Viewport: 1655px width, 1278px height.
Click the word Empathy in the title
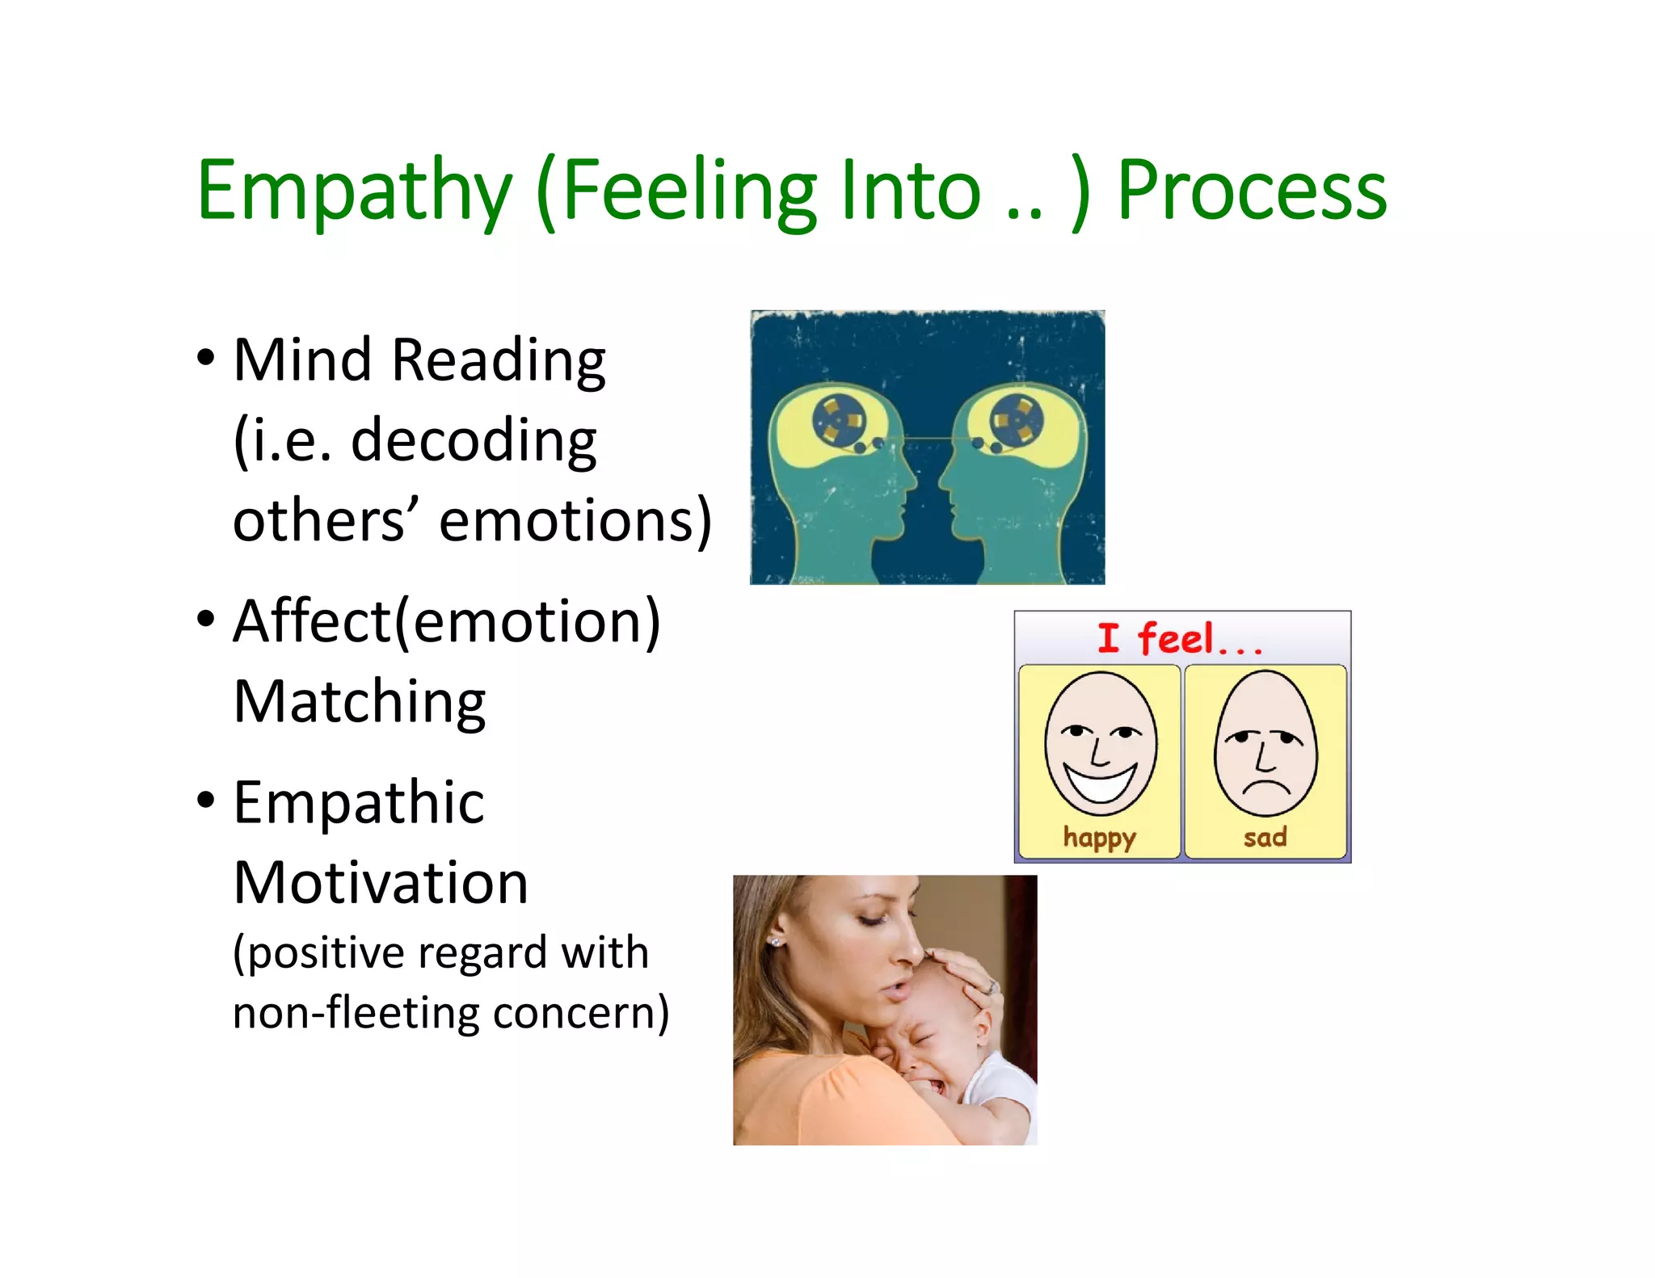click(354, 191)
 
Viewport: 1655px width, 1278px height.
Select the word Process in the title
click(1251, 191)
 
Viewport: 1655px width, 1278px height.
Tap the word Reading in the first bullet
click(499, 360)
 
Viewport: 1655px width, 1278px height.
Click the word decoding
click(474, 441)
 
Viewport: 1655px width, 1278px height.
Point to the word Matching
click(360, 701)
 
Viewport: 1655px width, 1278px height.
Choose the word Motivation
click(381, 882)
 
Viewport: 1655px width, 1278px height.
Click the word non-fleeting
click(356, 1013)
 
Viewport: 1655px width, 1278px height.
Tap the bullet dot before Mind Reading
click(206, 357)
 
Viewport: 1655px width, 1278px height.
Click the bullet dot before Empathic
click(206, 800)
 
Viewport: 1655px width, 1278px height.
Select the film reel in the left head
click(839, 419)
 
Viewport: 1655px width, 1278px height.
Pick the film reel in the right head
click(1017, 419)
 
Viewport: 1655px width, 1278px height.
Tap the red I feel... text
click(1179, 639)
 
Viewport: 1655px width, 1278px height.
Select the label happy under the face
click(1099, 838)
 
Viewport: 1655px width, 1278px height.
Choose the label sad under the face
click(1265, 837)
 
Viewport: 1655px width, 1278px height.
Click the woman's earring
click(777, 942)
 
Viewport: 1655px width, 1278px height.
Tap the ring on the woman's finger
click(992, 986)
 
